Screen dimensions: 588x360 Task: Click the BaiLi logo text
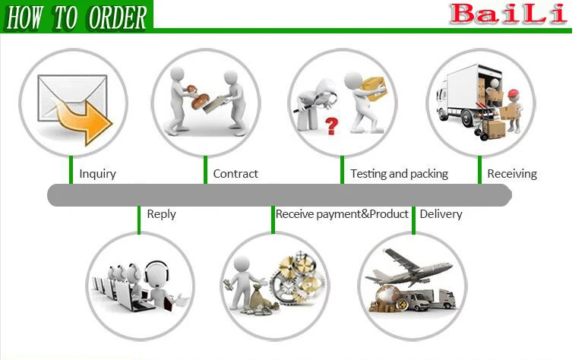click(x=508, y=13)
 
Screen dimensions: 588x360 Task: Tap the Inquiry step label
click(x=98, y=174)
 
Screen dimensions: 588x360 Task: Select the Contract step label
click(x=236, y=174)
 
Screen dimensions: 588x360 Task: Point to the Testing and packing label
click(x=399, y=174)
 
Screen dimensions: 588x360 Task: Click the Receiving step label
click(x=512, y=174)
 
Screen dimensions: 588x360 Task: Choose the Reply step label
click(x=161, y=214)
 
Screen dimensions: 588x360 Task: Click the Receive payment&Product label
click(x=342, y=214)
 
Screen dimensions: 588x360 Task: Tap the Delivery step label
click(x=441, y=214)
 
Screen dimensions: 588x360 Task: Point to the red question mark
click(x=331, y=124)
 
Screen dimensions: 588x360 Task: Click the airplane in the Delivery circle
click(x=410, y=266)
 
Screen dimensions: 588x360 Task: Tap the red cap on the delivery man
click(x=514, y=94)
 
